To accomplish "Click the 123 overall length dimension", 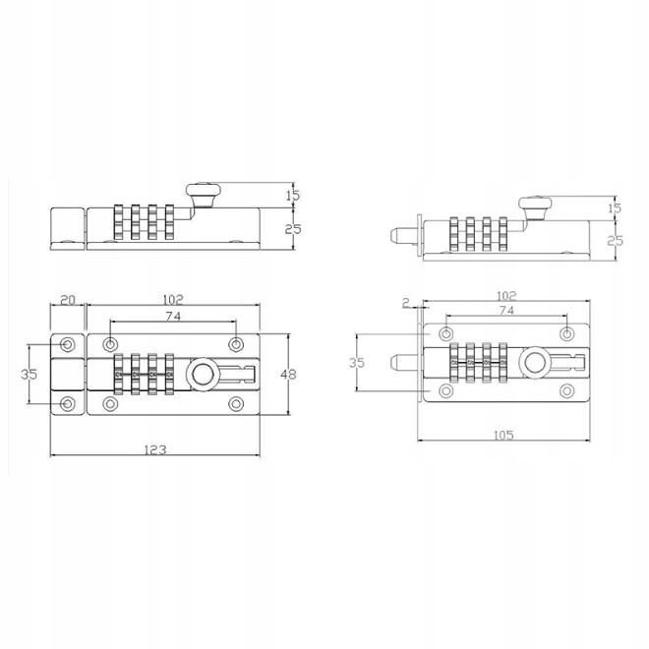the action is pos(155,449).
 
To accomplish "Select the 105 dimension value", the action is pos(503,435).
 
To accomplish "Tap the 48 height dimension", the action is pos(288,375).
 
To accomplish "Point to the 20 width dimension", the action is pos(68,300).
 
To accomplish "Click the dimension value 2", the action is pos(405,303).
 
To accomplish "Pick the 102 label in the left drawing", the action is pos(173,299).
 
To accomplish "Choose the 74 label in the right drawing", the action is pos(506,310).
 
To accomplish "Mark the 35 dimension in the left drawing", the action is pos(29,374).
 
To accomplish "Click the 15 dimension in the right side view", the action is pos(616,207).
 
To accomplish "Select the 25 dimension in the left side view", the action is pos(293,229).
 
